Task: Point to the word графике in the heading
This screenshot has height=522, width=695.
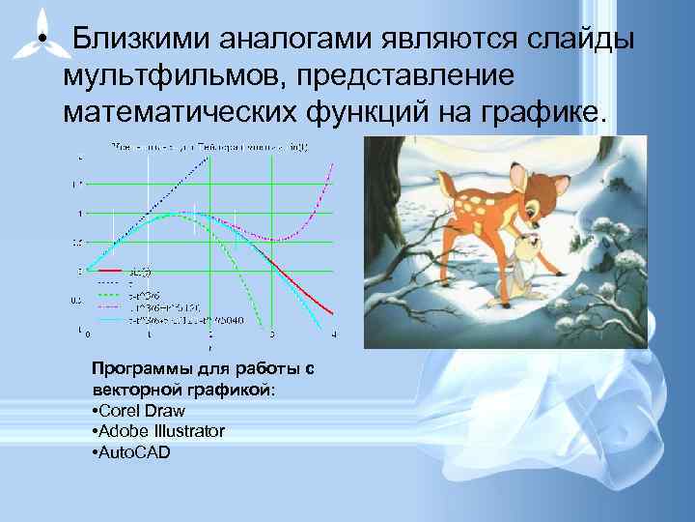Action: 545,110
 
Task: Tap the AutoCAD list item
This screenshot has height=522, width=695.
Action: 129,450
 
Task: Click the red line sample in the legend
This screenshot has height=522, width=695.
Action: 108,271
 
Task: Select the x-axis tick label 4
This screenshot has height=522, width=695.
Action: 334,335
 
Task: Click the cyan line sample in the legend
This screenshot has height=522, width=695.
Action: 108,316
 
